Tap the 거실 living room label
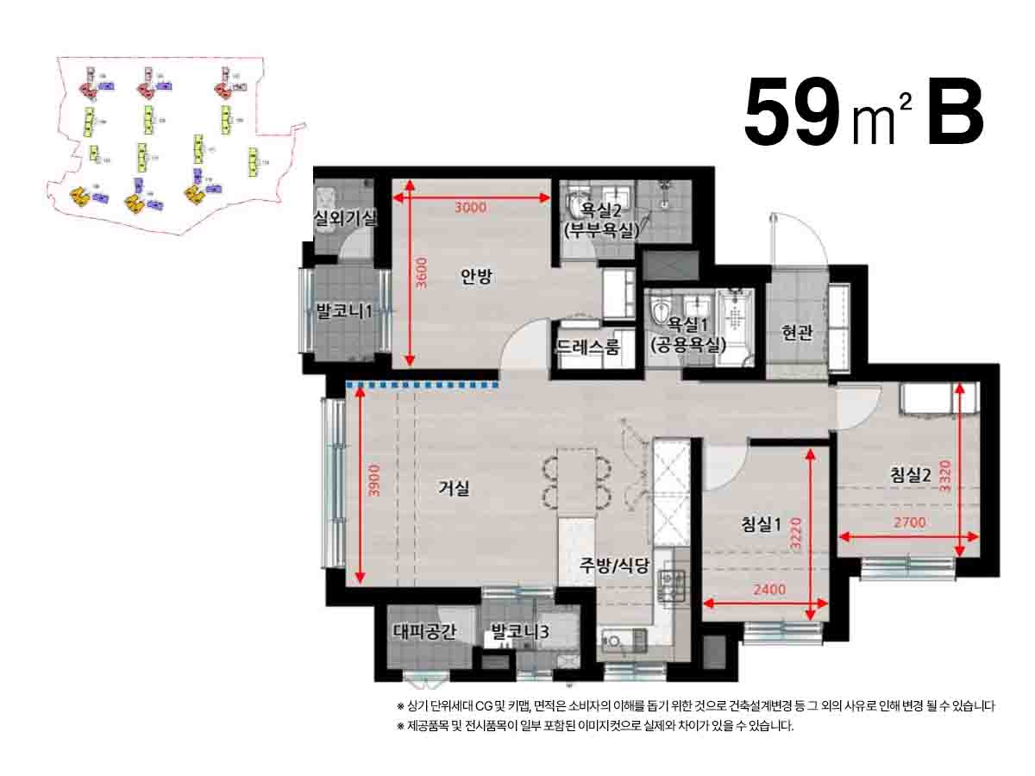coord(454,489)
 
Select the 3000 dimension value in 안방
coord(471,207)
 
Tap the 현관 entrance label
coord(798,333)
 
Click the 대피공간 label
coord(423,632)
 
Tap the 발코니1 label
coord(343,311)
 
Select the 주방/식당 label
coord(615,566)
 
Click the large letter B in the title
coord(955,112)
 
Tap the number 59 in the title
coord(792,112)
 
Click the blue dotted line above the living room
coord(423,385)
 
